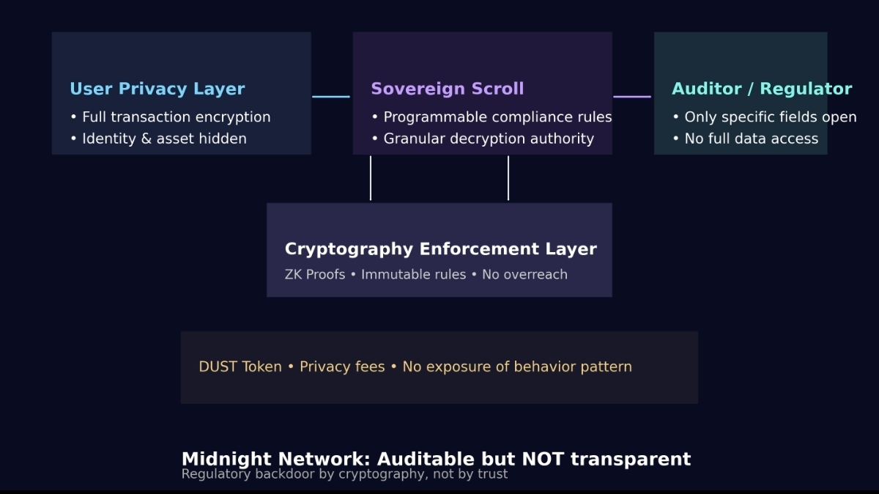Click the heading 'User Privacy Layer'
click(157, 89)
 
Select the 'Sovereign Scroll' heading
click(447, 89)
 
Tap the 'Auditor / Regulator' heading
click(762, 89)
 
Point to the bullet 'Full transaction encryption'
click(176, 117)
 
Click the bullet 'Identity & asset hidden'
click(164, 139)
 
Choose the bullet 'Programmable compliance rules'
click(497, 117)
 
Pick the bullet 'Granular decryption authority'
click(489, 139)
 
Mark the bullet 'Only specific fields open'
click(770, 117)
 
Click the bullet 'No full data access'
click(751, 139)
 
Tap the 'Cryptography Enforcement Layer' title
click(440, 249)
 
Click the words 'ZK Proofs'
click(314, 275)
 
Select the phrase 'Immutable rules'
click(413, 275)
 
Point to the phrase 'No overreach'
click(524, 275)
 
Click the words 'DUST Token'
click(240, 366)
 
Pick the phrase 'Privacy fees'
click(342, 366)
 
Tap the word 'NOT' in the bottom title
click(542, 460)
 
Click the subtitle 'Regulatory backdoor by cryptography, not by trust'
click(344, 474)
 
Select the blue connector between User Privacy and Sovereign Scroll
click(331, 96)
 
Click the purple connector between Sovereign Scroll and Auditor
click(632, 96)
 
